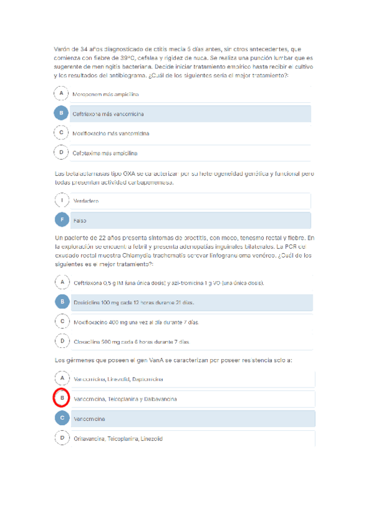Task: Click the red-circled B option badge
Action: click(61, 399)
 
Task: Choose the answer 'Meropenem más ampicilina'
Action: click(105, 95)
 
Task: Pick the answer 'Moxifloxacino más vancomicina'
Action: click(111, 133)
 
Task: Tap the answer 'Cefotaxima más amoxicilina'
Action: click(105, 152)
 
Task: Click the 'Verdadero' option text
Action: click(86, 201)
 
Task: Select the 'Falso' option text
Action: click(80, 220)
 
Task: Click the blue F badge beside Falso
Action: click(61, 220)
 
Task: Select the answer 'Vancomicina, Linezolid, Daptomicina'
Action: click(118, 379)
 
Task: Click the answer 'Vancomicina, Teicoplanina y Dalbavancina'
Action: click(124, 399)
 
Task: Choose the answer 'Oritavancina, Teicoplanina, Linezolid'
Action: click(118, 438)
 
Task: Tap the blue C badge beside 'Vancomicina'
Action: click(61, 419)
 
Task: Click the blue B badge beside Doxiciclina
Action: click(61, 302)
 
